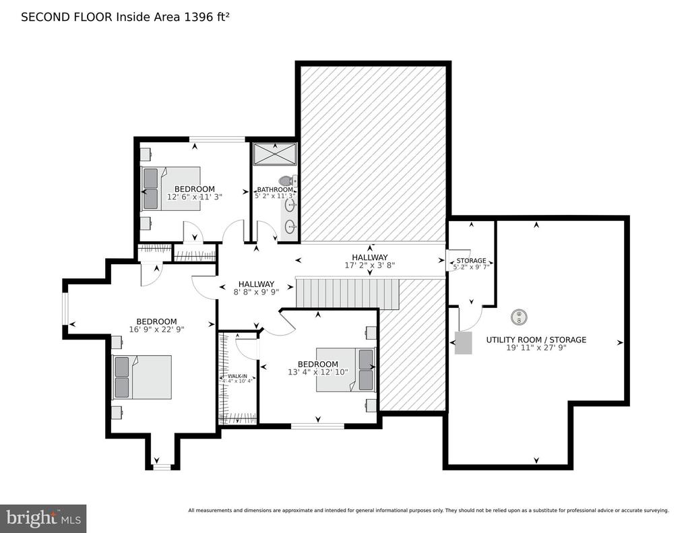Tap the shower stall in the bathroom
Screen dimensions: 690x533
275,154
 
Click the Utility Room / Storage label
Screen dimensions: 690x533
536,340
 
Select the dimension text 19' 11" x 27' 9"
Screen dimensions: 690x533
536,348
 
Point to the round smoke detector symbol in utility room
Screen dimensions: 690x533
520,317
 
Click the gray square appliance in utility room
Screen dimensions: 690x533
464,343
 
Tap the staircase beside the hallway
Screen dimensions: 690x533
347,293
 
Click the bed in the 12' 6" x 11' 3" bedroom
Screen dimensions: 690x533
170,189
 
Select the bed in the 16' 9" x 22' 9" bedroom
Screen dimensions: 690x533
142,377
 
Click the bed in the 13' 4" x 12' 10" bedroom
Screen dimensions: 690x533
346,370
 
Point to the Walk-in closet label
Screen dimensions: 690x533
238,376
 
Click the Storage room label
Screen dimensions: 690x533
471,261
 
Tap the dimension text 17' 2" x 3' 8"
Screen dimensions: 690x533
370,265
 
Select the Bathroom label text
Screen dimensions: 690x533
275,190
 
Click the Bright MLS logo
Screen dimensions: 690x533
43,518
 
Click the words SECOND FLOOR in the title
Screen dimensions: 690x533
67,17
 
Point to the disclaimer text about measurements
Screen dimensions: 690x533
429,511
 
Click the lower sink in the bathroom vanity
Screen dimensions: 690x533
290,227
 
